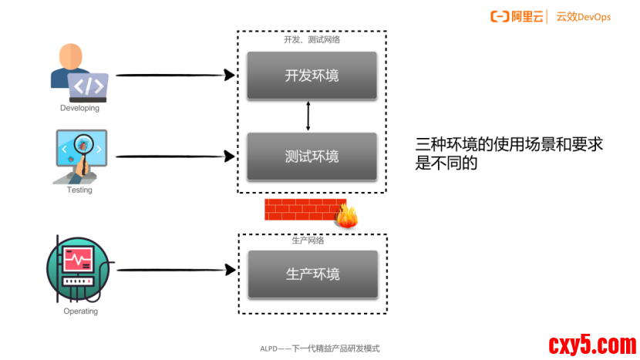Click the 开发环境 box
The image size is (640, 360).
click(x=312, y=76)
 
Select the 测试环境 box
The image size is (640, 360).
click(x=312, y=156)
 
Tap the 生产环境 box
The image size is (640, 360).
click(x=312, y=274)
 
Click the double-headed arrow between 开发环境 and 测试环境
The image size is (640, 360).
click(x=308, y=116)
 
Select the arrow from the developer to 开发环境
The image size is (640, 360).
click(x=174, y=75)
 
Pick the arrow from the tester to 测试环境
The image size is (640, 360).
click(x=174, y=156)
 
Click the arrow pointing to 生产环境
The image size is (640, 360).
click(x=174, y=270)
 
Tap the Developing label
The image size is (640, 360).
click(x=79, y=109)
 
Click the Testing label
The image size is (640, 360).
click(x=79, y=190)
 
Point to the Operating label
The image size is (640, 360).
click(x=80, y=311)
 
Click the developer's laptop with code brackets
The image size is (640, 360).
click(x=88, y=86)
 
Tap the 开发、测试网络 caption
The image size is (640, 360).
click(x=311, y=39)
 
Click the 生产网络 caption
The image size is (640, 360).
click(x=308, y=241)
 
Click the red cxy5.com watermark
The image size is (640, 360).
click(x=591, y=344)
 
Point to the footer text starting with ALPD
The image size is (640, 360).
click(x=319, y=348)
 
